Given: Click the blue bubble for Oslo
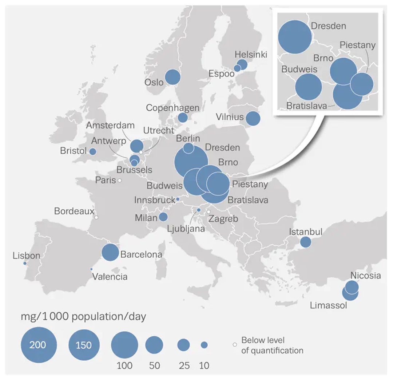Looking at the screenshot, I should click(x=173, y=77).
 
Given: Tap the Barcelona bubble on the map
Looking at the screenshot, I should click(x=110, y=252).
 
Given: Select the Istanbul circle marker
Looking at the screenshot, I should click(x=305, y=242).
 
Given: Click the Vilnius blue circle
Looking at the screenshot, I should click(x=253, y=119).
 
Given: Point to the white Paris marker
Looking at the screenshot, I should click(x=119, y=180).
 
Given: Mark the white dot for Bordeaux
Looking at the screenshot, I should click(x=96, y=217).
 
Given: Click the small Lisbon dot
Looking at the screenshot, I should click(x=25, y=263).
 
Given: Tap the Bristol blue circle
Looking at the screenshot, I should click(x=93, y=151).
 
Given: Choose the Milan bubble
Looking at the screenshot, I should click(x=163, y=217).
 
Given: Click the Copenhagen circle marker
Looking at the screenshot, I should click(x=183, y=118).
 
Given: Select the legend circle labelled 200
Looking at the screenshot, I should click(x=39, y=344).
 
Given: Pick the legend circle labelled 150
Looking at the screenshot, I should click(x=84, y=344).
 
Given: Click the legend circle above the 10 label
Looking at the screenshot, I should click(x=204, y=344).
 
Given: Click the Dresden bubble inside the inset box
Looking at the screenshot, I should click(x=295, y=37).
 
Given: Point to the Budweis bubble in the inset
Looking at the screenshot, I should click(x=308, y=87).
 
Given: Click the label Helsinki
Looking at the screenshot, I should click(x=251, y=55).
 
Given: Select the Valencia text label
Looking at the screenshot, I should click(x=110, y=277).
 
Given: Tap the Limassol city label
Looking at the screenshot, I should click(x=328, y=305).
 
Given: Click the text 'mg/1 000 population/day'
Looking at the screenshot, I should click(x=83, y=317).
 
